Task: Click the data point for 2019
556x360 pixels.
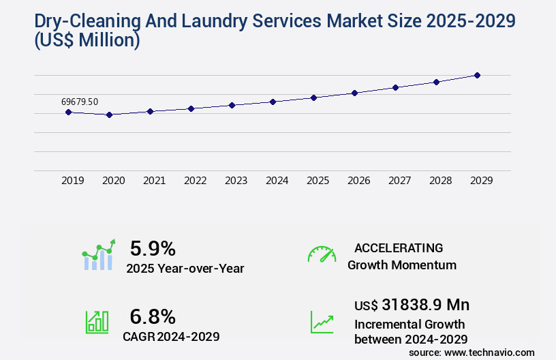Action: click(x=68, y=112)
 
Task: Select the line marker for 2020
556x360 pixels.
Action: click(x=109, y=115)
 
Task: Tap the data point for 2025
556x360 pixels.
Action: click(x=313, y=97)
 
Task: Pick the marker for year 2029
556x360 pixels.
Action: click(x=477, y=75)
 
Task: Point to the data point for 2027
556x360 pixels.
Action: click(x=395, y=87)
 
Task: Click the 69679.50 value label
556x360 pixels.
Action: click(x=80, y=102)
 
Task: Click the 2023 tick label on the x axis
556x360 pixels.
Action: click(x=236, y=181)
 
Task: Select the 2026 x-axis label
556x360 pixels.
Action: click(x=358, y=181)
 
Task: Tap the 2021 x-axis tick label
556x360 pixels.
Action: click(x=154, y=181)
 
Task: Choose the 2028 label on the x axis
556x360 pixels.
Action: click(x=440, y=181)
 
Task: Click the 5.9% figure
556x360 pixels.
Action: click(x=153, y=248)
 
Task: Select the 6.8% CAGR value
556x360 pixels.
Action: click(x=153, y=316)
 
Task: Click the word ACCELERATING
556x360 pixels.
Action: click(x=399, y=248)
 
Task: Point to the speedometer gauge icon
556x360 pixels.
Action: click(x=322, y=254)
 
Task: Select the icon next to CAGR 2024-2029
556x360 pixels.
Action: click(x=97, y=322)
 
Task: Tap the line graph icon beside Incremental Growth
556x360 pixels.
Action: click(x=322, y=322)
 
